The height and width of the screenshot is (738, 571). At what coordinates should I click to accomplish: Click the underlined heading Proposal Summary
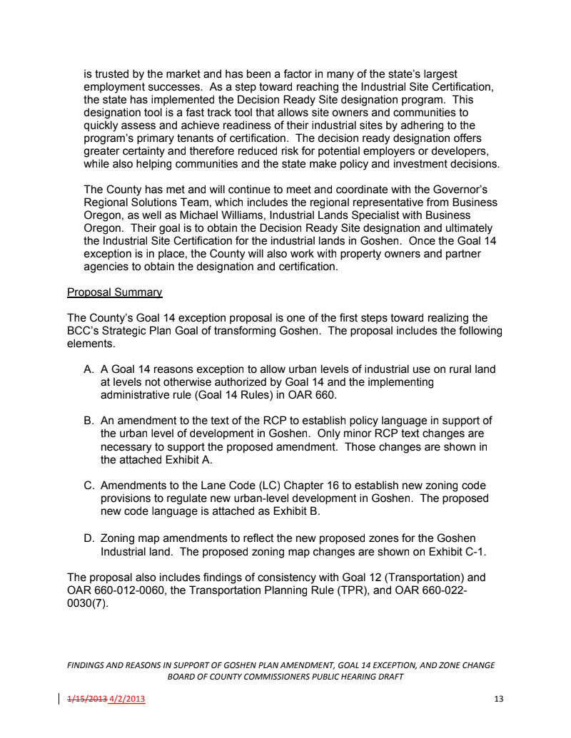114,292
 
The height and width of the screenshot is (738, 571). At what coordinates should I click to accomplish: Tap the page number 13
498,699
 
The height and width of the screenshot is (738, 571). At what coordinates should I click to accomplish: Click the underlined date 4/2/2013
126,699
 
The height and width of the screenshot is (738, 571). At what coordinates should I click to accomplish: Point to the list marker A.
89,369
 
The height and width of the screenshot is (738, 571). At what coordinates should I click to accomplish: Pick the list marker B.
89,421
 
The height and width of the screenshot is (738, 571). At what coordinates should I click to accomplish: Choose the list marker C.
89,486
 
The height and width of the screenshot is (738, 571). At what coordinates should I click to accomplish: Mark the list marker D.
89,538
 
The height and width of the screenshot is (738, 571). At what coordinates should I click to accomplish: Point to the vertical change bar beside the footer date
59,699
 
